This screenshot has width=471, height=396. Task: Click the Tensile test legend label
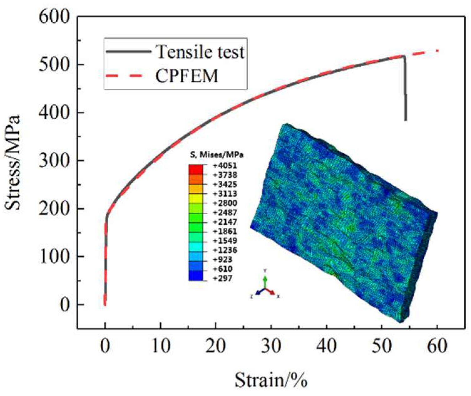[x=200, y=52]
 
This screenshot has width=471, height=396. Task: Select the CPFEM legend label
[x=187, y=76]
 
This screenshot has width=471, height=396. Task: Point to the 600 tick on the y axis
[x=58, y=17]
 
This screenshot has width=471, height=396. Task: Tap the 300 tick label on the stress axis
[x=58, y=161]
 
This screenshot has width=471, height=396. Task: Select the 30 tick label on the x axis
[x=271, y=347]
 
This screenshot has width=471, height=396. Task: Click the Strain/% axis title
[x=271, y=380]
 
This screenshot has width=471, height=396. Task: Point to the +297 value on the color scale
[x=223, y=278]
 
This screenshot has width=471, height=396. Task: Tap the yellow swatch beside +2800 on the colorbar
[x=196, y=198]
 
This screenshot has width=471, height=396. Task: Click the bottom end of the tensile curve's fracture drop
[x=406, y=120]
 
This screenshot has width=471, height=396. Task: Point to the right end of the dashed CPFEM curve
[x=437, y=51]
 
